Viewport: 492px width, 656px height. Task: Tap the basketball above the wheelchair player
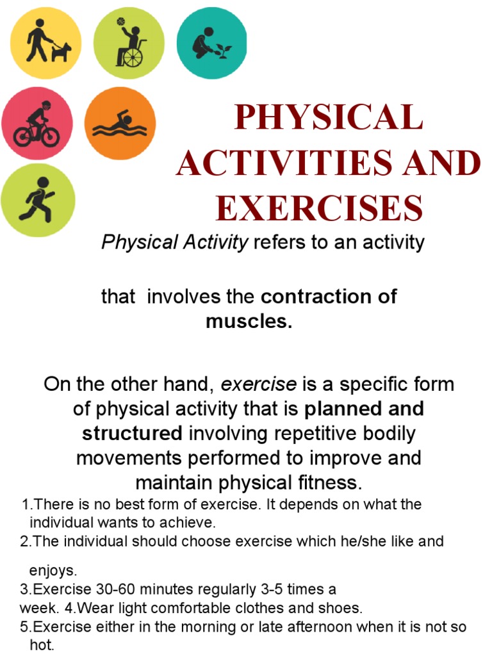coord(120,22)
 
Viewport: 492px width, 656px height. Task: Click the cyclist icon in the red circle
coord(37,124)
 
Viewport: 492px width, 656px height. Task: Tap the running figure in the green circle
coord(37,199)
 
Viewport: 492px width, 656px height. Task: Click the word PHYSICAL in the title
coord(329,119)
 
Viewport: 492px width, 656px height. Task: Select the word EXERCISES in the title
coord(319,208)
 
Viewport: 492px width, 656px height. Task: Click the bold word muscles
coord(249,321)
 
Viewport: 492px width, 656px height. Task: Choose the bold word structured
coord(132,433)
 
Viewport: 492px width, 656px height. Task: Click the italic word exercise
coord(259,384)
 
